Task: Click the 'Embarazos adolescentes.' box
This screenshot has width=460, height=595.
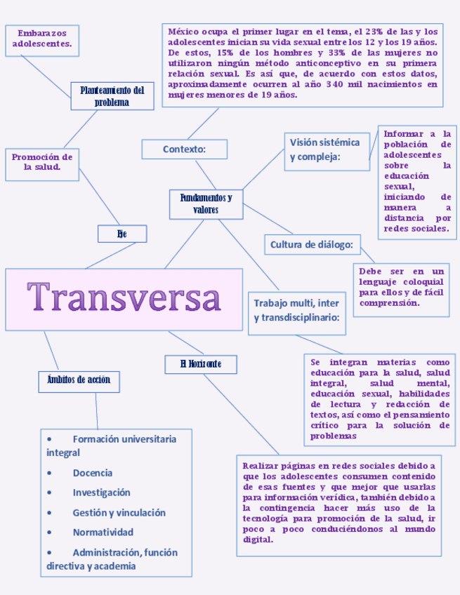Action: tap(42, 39)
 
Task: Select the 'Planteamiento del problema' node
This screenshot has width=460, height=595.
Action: tap(112, 96)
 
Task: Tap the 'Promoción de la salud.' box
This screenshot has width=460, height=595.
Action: tap(42, 162)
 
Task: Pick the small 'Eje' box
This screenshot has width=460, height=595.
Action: tap(122, 234)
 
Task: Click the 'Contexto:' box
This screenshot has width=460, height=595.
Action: tap(184, 149)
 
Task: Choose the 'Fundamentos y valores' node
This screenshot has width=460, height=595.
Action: tap(206, 203)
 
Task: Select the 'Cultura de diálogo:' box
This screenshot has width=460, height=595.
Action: tap(312, 244)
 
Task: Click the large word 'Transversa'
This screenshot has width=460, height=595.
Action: tap(124, 298)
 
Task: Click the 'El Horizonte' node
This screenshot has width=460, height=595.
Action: tap(200, 363)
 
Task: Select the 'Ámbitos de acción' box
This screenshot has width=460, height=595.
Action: tap(79, 380)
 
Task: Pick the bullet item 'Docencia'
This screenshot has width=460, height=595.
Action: tap(93, 473)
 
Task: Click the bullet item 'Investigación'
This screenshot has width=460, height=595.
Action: tap(101, 493)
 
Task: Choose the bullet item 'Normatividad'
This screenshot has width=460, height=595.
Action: tap(103, 532)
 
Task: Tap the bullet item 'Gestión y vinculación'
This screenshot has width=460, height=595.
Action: tap(119, 512)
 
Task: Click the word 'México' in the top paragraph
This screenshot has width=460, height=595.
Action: tap(184, 32)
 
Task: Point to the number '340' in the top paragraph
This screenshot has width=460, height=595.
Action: tap(337, 85)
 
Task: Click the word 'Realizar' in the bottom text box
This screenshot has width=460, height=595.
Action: tap(262, 465)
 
